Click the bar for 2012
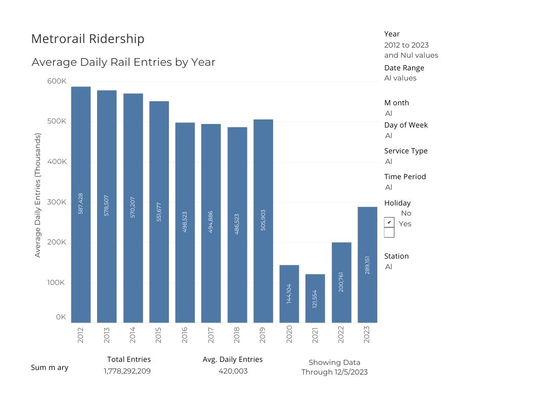(81, 204)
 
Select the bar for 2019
(263, 221)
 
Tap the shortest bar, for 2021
(315, 298)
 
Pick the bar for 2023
(368, 264)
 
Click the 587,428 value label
(81, 203)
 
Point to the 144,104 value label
(289, 294)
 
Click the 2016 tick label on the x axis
(184, 335)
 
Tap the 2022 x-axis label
(341, 335)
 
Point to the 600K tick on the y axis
(57, 81)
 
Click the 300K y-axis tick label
(57, 202)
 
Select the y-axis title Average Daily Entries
(37, 195)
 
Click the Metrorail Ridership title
(87, 39)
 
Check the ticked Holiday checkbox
(389, 222)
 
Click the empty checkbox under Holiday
(389, 232)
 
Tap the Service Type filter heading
(406, 151)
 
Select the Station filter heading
(396, 256)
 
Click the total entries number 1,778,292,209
(127, 371)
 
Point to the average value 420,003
(233, 371)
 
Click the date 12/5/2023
(351, 372)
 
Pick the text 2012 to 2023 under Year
(406, 45)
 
